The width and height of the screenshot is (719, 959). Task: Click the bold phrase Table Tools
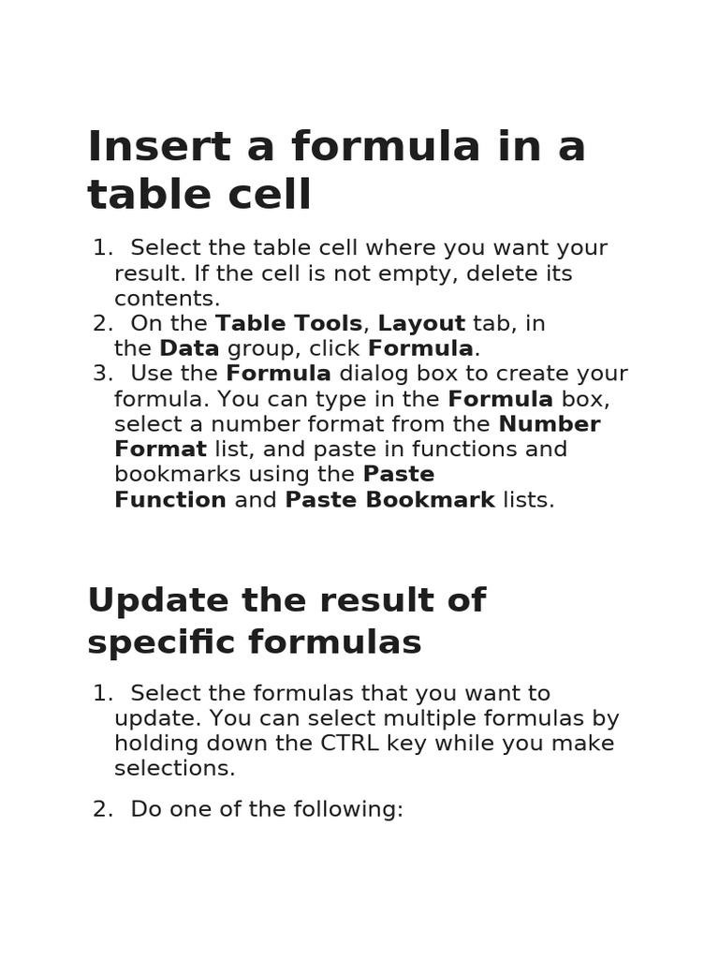288,324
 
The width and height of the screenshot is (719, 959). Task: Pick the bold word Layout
421,324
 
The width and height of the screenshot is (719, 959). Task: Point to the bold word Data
189,349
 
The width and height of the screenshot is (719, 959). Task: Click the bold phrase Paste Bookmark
389,500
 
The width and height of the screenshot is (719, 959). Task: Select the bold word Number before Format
549,424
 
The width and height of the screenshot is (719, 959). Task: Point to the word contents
167,300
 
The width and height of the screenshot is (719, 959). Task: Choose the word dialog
372,375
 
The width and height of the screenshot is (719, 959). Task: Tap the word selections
174,769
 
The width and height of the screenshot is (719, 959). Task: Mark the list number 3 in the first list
101,375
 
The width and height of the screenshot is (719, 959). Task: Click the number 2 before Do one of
101,810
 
